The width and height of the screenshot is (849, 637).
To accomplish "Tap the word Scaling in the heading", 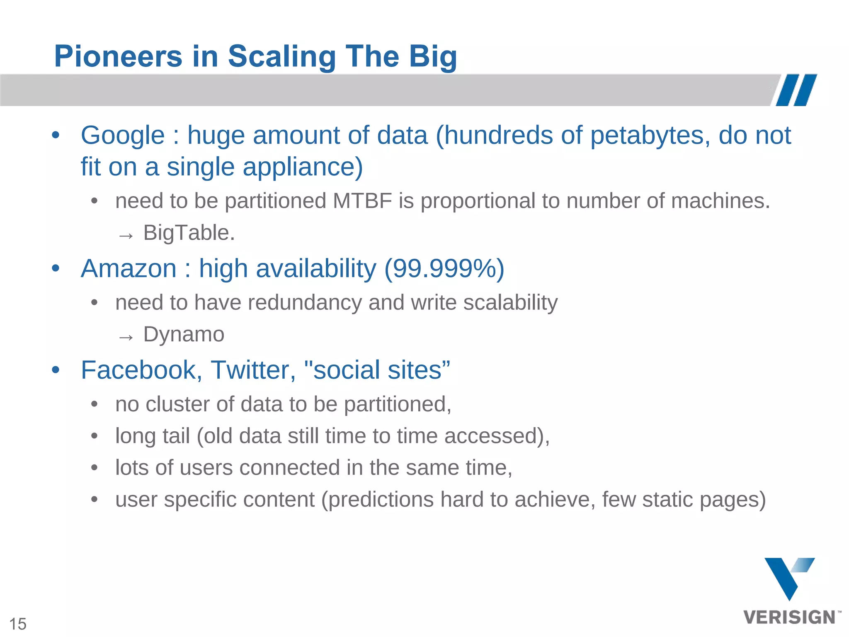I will click(x=282, y=57).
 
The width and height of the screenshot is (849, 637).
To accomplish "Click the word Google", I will click(x=123, y=136).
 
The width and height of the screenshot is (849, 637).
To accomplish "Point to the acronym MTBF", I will click(x=362, y=201).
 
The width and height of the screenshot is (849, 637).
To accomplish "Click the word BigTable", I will click(x=189, y=233).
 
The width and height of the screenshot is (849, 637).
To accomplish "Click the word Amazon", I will click(x=129, y=268).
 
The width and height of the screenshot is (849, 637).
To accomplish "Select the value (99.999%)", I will click(x=444, y=268).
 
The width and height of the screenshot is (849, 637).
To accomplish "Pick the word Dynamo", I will click(x=184, y=334).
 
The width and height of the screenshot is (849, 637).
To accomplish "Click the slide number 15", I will click(x=18, y=624).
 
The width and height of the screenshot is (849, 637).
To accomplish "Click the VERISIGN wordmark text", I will click(x=789, y=617).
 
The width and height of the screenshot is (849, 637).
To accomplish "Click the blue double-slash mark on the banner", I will click(x=796, y=90).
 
